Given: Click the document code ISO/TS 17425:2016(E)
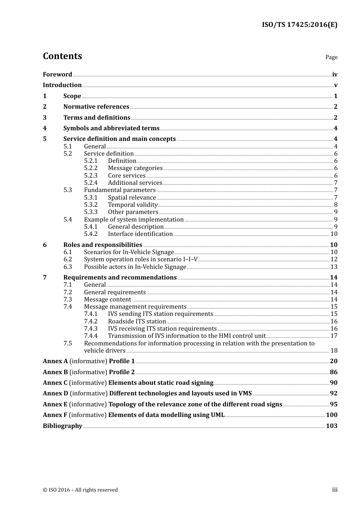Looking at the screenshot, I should tap(299, 25).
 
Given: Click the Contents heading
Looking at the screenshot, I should tap(62, 56).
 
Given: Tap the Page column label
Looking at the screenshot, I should tap(331, 57).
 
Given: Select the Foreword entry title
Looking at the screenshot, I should tap(57, 75).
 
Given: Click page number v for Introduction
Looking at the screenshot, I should tap(335, 85).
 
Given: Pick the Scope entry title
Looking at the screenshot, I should tap(72, 96).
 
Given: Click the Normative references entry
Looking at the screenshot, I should tap(96, 107).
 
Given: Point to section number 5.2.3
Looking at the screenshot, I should tap(91, 176).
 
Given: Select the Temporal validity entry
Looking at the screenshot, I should tap(133, 205).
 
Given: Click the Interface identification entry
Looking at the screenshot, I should tap(140, 234).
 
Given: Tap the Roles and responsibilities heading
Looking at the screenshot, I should tap(103, 245).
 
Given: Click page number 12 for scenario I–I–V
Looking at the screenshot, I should tap(334, 259).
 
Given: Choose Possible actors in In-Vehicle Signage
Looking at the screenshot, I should tap(135, 267).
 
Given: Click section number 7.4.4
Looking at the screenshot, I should tap(91, 336).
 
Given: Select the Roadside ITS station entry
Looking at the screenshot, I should tap(137, 322).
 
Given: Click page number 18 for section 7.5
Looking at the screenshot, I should tap(334, 351).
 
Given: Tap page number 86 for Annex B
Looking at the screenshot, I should tap(333, 372).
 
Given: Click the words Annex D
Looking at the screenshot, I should tap(55, 393).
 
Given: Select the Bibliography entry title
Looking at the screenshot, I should tap(63, 426).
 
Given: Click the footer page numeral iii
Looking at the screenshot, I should tap(335, 490).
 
